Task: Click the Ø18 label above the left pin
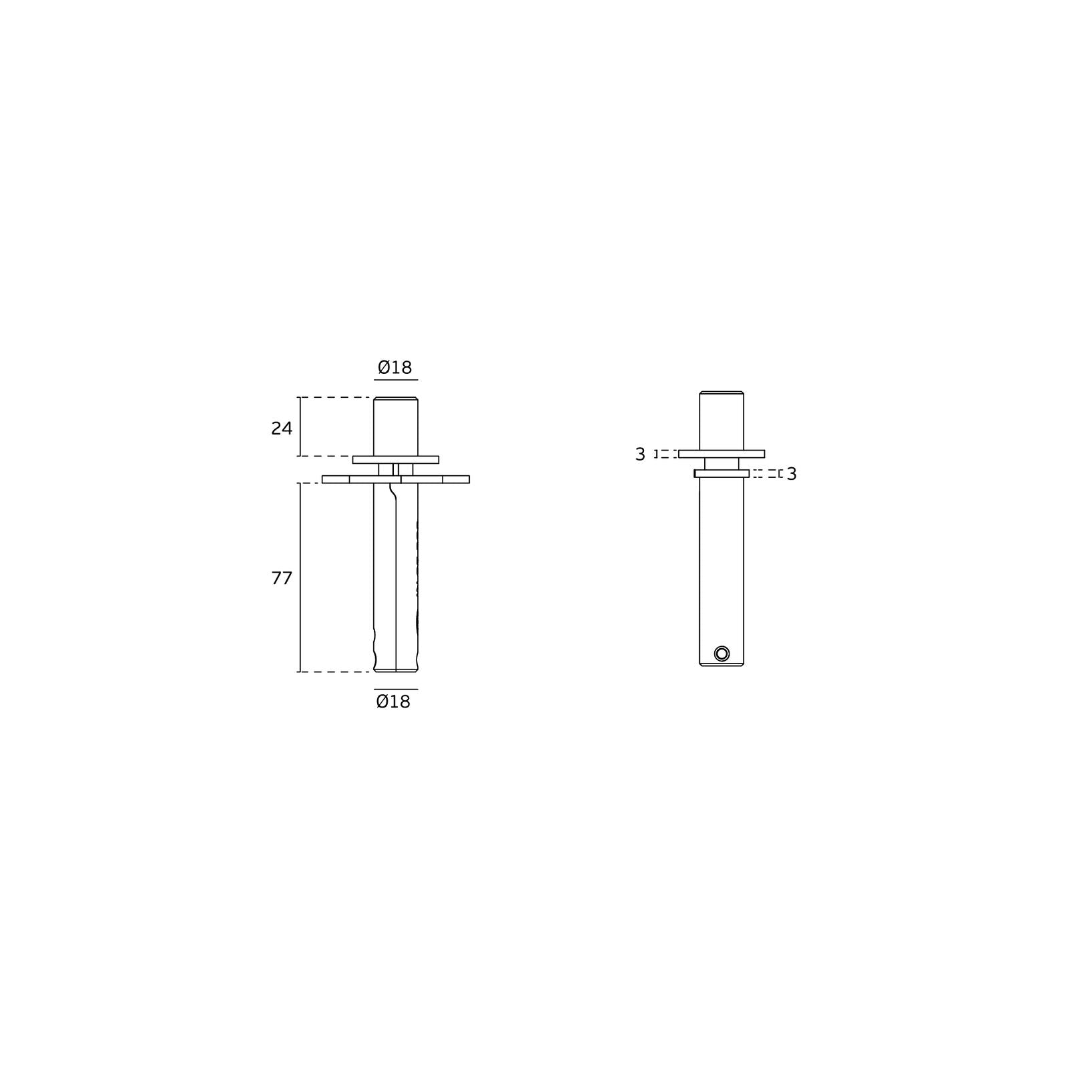[x=395, y=367]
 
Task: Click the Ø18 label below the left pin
[x=393, y=702]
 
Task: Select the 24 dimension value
[x=282, y=429]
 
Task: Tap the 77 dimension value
[x=282, y=578]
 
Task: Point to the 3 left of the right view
[x=640, y=455]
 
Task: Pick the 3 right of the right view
[x=792, y=474]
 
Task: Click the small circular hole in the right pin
[x=722, y=653]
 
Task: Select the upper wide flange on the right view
[x=722, y=454]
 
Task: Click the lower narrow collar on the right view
[x=722, y=473]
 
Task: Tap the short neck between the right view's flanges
[x=722, y=463]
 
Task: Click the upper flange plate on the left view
[x=396, y=459]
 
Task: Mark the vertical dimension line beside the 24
[x=300, y=427]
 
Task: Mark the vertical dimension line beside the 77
[x=300, y=577]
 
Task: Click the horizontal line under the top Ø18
[x=396, y=380]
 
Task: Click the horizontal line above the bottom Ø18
[x=396, y=689]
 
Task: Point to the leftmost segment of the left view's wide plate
[x=336, y=479]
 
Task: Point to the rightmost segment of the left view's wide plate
[x=456, y=479]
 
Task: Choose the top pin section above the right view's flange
[x=722, y=421]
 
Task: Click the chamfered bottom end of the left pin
[x=396, y=669]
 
